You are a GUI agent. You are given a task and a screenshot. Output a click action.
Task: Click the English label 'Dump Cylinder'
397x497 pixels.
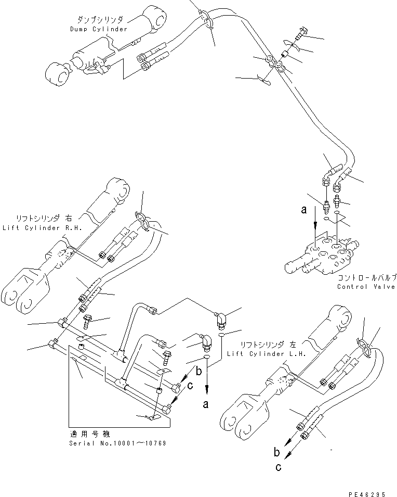coord(99,29)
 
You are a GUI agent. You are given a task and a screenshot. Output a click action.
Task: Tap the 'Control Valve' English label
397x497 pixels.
coord(366,287)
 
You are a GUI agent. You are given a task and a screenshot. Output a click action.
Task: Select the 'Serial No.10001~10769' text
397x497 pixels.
coord(118,443)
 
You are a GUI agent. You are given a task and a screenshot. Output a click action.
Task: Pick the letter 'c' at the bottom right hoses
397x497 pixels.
coord(279,466)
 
